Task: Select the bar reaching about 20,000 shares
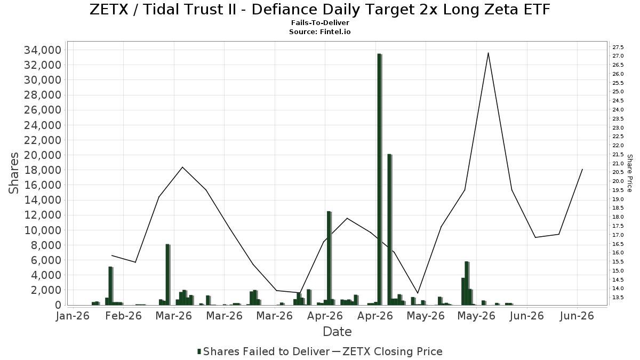(x=389, y=230)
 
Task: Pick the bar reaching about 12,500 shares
(x=329, y=258)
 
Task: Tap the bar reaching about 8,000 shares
(x=167, y=275)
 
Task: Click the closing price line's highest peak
(x=489, y=53)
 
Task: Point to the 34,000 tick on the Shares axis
(x=43, y=50)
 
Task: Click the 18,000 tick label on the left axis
(x=43, y=170)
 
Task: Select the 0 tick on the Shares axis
(x=58, y=305)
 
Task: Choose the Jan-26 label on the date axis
(x=73, y=316)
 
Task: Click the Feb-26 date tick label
(x=123, y=316)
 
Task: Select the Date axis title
(x=337, y=332)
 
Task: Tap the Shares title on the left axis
(x=13, y=173)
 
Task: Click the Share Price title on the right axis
(x=629, y=173)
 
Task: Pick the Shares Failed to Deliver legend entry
(x=263, y=351)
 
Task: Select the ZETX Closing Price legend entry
(x=387, y=351)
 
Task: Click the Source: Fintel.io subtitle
(x=319, y=31)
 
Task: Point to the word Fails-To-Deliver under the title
(x=320, y=23)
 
